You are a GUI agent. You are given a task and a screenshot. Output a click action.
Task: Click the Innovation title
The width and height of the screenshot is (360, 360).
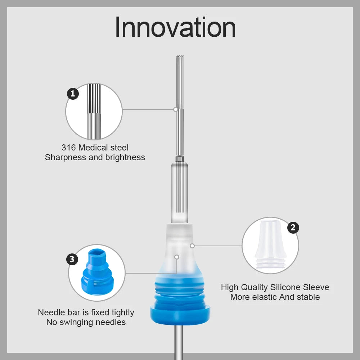(175, 27)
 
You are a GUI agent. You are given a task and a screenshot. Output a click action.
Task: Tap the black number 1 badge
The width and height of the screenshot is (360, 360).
(73, 94)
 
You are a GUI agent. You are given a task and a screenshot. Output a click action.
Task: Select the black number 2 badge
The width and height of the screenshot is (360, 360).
(293, 228)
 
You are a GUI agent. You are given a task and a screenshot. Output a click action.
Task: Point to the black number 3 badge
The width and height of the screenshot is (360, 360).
(72, 259)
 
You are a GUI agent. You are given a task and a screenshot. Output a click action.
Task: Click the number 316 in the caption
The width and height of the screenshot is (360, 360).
(68, 148)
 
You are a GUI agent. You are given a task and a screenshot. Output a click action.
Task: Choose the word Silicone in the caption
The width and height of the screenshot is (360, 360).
(285, 287)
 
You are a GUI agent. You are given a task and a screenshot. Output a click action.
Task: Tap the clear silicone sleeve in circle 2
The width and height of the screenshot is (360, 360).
(270, 244)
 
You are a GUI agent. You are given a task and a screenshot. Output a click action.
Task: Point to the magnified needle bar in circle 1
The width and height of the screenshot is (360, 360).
(94, 112)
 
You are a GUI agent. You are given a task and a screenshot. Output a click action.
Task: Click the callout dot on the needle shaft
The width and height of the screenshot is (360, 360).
(176, 109)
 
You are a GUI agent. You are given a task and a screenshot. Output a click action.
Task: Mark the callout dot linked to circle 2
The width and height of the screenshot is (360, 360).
(192, 246)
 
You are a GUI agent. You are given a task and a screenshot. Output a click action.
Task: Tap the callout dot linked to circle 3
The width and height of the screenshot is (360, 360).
(177, 257)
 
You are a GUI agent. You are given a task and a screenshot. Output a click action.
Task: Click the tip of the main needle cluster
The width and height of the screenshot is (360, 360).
(180, 56)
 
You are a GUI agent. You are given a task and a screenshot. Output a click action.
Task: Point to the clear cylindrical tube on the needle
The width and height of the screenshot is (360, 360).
(180, 192)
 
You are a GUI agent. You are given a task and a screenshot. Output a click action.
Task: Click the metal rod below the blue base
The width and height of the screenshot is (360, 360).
(179, 342)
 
